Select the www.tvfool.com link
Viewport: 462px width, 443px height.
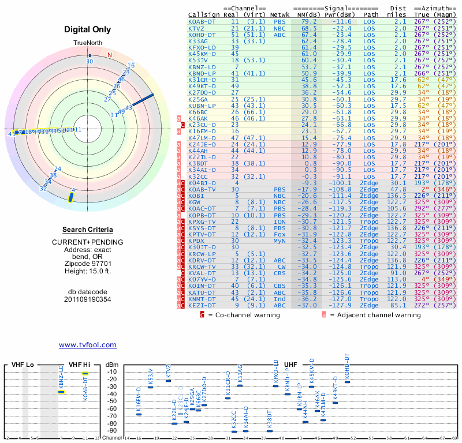tap(87, 345)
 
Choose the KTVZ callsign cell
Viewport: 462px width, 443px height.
tap(196, 28)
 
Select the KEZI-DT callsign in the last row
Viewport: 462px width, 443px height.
tap(200, 306)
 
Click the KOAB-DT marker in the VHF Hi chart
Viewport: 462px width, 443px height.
tap(85, 373)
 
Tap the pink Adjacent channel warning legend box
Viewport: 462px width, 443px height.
tap(324, 316)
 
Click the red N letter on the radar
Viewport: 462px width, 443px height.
tap(109, 55)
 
